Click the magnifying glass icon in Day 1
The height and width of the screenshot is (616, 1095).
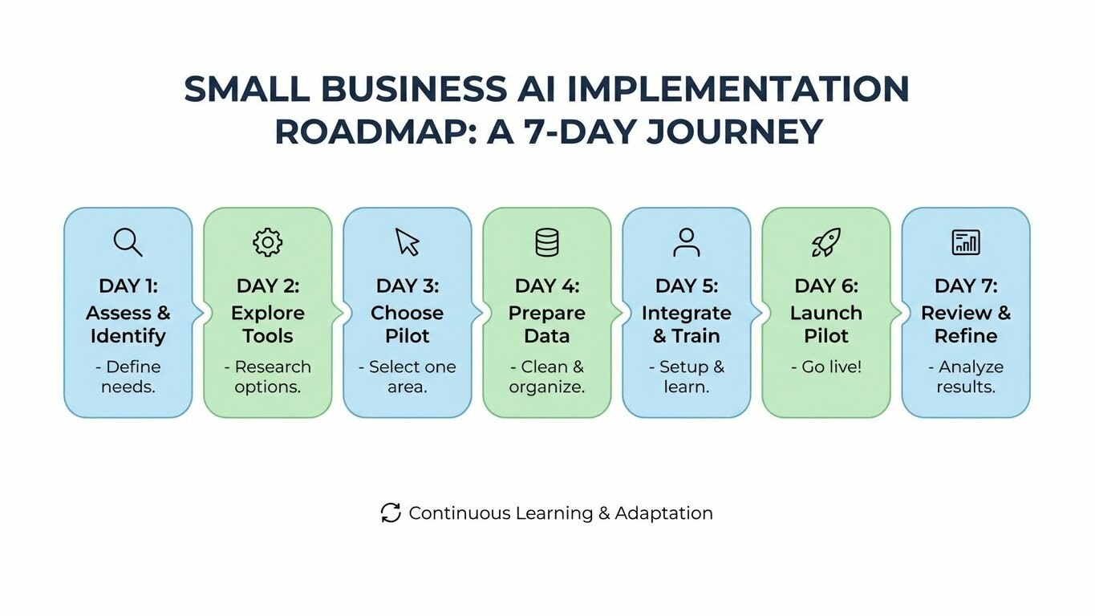[x=128, y=241]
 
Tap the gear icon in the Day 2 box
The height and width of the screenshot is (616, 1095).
[x=267, y=241]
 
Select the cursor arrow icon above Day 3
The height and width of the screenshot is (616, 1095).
[x=408, y=241]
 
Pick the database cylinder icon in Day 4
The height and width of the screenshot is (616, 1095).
[x=547, y=241]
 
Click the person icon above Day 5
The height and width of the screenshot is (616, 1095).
[x=687, y=241]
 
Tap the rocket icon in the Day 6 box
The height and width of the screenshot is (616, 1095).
[x=825, y=241]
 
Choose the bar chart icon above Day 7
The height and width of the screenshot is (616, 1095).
[x=965, y=241]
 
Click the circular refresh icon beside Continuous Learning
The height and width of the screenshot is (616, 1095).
[x=391, y=513]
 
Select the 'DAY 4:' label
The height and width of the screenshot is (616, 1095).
[x=547, y=286]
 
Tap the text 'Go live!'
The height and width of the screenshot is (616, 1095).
[x=826, y=367]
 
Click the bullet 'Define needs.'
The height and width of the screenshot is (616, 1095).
[x=128, y=376]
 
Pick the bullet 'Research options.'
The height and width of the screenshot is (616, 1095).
[x=268, y=376]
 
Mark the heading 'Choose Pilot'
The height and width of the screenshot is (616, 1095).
[x=408, y=324]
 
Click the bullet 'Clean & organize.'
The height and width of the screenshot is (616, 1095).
[x=547, y=376]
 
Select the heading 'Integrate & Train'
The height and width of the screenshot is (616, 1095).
[x=687, y=324]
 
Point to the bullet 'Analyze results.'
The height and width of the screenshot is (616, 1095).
[x=966, y=376]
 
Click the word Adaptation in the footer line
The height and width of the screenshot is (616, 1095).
[x=663, y=513]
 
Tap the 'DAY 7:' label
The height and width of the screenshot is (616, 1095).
[x=966, y=286]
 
